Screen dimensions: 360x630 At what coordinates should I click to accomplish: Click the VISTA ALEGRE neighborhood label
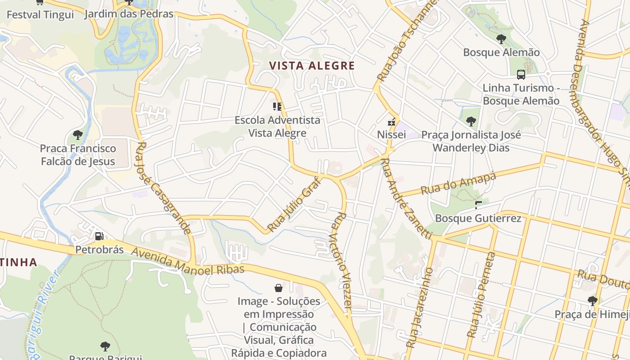312,66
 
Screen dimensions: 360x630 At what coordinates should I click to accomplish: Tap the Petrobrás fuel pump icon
99,236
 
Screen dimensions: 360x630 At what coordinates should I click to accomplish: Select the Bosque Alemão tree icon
501,39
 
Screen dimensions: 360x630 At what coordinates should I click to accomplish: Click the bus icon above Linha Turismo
521,75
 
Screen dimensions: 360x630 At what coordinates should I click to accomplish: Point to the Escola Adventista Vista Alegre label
277,126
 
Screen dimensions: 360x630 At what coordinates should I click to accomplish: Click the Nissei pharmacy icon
391,121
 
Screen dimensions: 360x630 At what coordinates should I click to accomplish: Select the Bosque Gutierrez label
478,219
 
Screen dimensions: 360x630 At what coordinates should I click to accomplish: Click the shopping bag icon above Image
279,288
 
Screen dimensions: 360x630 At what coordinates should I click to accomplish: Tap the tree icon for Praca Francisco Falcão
78,135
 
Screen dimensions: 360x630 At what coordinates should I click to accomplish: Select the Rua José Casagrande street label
162,188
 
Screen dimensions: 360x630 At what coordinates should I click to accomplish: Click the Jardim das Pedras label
129,14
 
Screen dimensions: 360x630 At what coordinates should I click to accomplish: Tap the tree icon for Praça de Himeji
592,301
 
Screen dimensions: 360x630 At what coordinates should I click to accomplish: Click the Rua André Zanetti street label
406,198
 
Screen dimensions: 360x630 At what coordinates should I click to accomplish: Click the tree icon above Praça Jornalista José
471,121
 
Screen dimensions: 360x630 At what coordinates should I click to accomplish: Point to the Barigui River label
43,310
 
